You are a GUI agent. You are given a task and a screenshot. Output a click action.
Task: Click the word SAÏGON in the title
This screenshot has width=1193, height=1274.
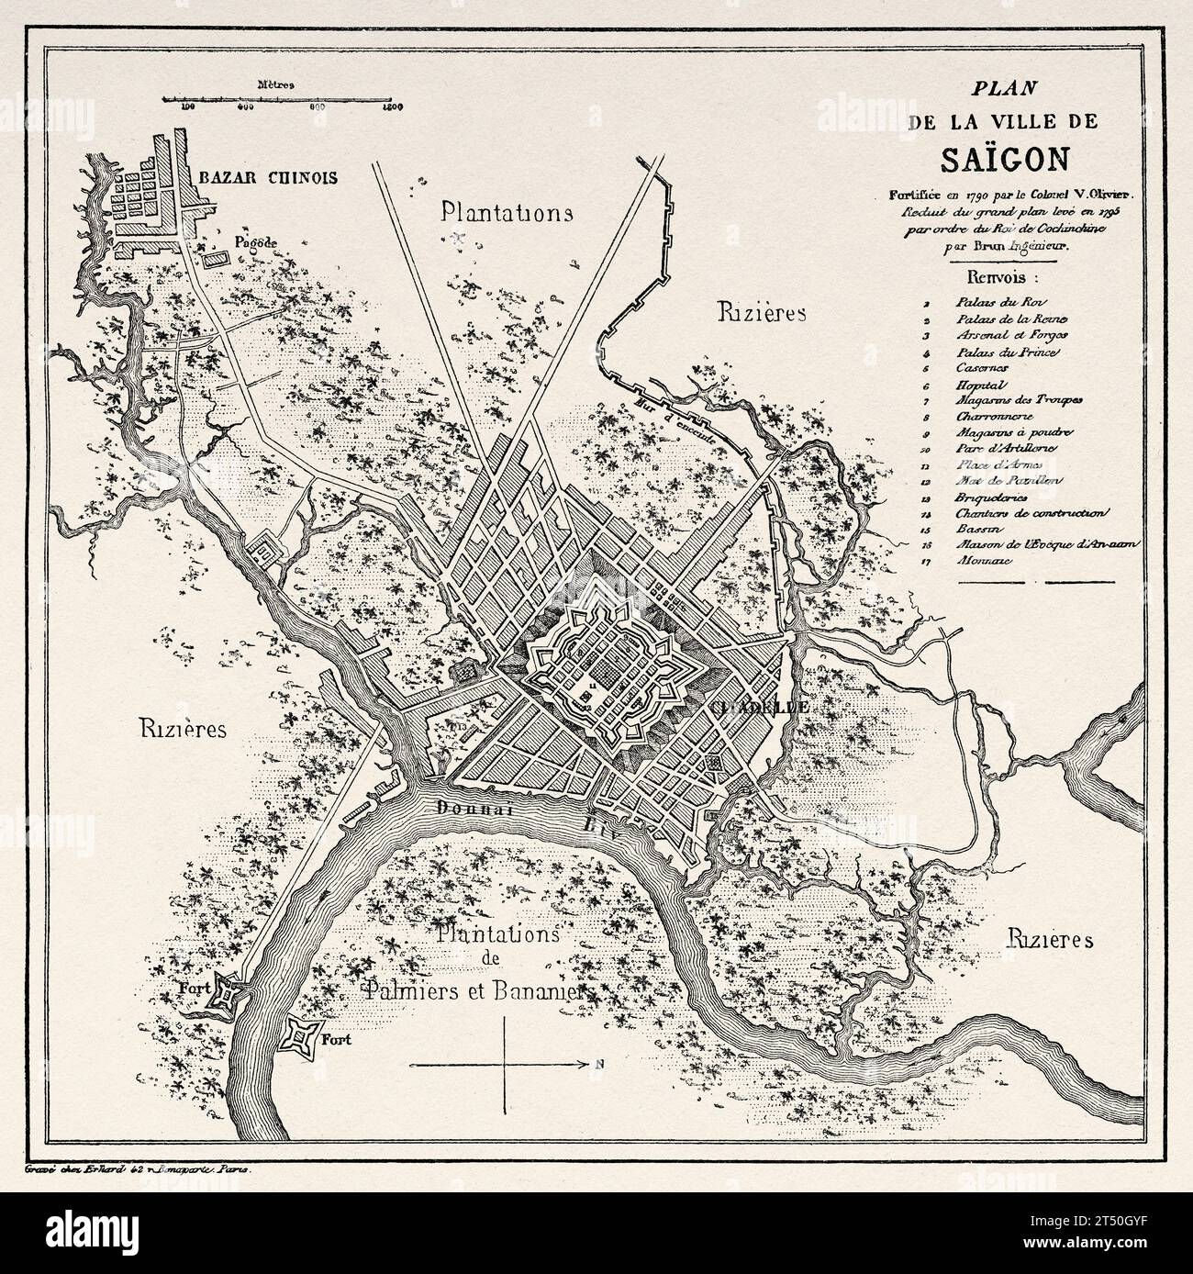1004,158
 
